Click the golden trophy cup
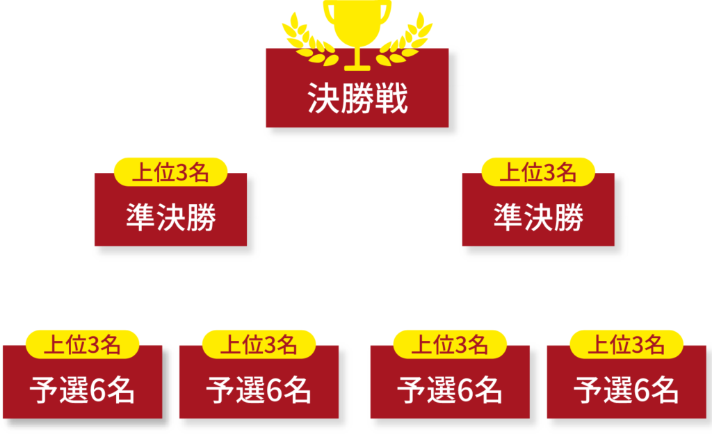[x=357, y=24]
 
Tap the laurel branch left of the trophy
[x=306, y=38]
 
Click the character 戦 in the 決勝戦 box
[x=391, y=100]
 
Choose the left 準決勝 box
[x=170, y=217]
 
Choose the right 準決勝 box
[x=538, y=217]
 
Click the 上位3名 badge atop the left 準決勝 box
[x=170, y=172]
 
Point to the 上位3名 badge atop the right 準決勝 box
[x=538, y=172]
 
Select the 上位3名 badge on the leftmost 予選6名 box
[x=82, y=344]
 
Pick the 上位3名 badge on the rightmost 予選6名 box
[x=626, y=344]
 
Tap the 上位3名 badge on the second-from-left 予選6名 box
[x=259, y=344]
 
